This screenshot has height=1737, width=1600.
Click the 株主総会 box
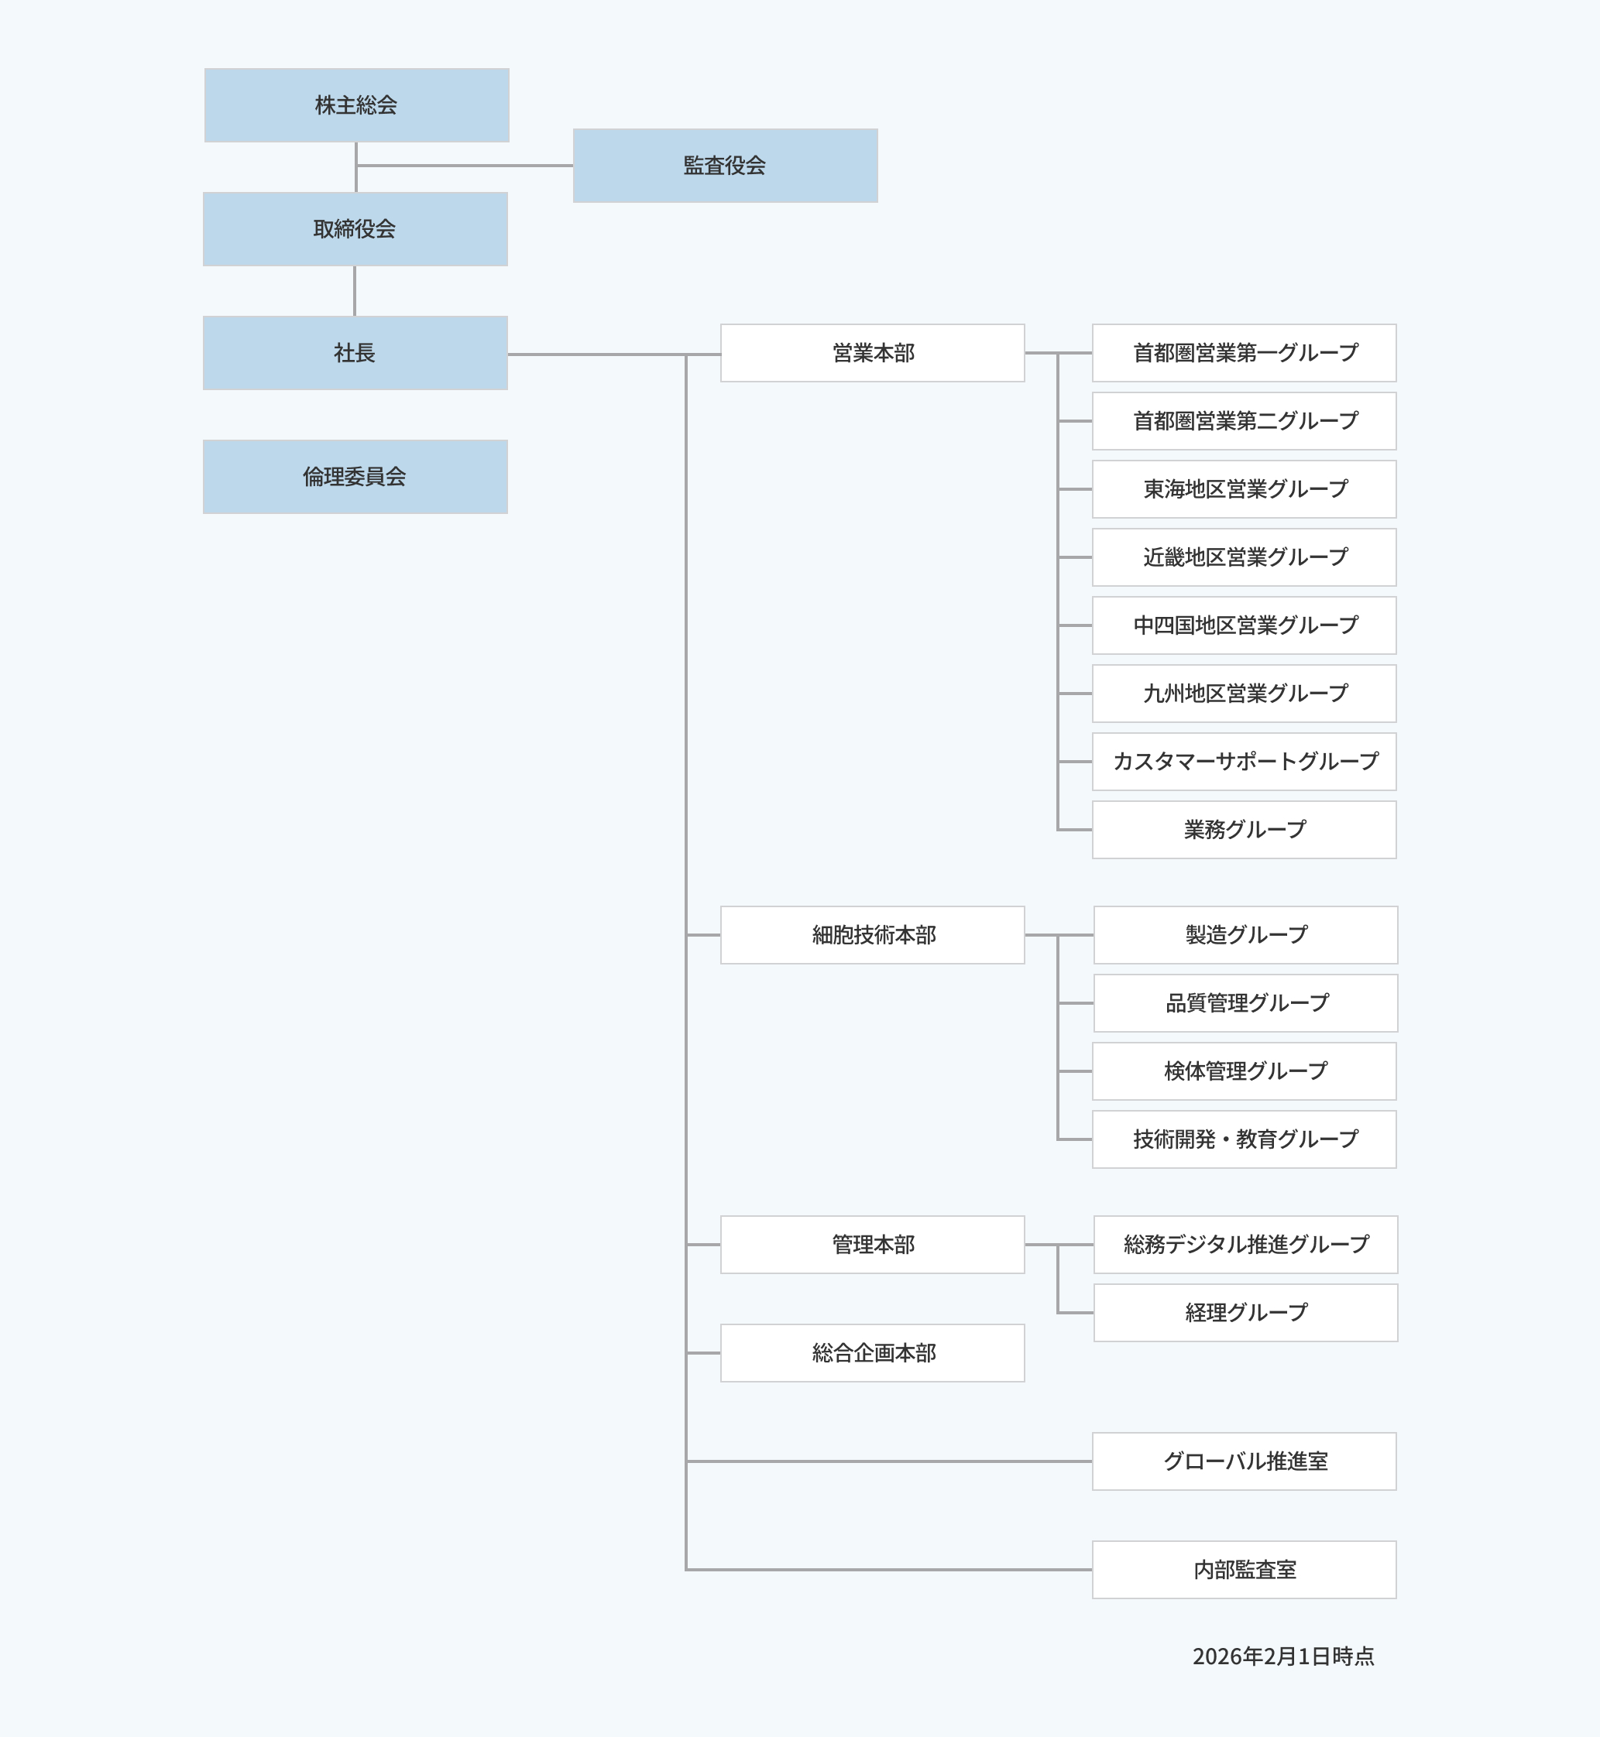tap(355, 105)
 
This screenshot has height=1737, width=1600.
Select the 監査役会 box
tap(725, 166)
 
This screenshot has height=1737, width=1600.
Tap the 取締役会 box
tap(355, 229)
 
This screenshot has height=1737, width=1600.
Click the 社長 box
tap(355, 353)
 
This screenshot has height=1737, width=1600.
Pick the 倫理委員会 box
tap(355, 477)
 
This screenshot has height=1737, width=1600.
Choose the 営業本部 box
tap(872, 353)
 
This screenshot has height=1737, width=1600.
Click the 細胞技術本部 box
tap(872, 935)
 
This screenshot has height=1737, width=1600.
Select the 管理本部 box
tap(872, 1245)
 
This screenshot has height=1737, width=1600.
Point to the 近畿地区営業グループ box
tap(1245, 557)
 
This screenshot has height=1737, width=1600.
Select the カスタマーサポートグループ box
tap(1245, 762)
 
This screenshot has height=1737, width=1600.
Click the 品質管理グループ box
tap(1245, 1003)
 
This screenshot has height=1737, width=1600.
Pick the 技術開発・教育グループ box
tap(1245, 1139)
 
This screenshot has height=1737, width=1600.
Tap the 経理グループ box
tap(1245, 1313)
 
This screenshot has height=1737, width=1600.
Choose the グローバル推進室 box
tap(1245, 1461)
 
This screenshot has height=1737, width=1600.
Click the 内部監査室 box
tap(1245, 1569)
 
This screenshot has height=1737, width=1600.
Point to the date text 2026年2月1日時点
tap(1282, 1656)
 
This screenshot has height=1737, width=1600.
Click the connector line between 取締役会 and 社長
tap(355, 291)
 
